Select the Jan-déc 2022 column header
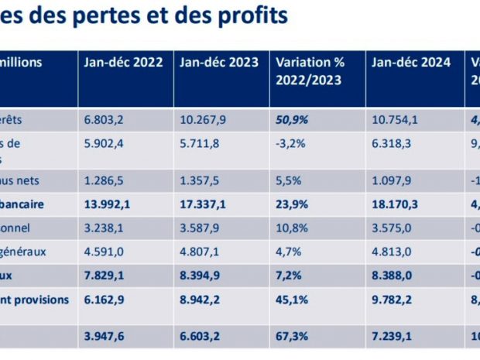tap(124, 63)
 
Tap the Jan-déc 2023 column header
tap(220, 63)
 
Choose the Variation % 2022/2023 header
tap(310, 70)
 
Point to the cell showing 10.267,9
tap(204, 121)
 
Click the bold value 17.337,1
tap(204, 205)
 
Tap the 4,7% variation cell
tap(286, 252)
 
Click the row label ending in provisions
tap(39, 300)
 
